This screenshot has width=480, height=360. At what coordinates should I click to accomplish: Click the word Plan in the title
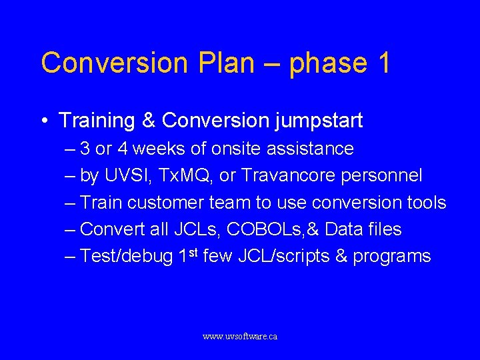(226, 63)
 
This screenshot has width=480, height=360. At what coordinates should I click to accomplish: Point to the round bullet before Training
(43, 121)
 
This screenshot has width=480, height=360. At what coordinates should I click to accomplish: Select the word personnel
(385, 175)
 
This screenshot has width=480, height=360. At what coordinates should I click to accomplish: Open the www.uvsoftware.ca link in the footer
(240, 337)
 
